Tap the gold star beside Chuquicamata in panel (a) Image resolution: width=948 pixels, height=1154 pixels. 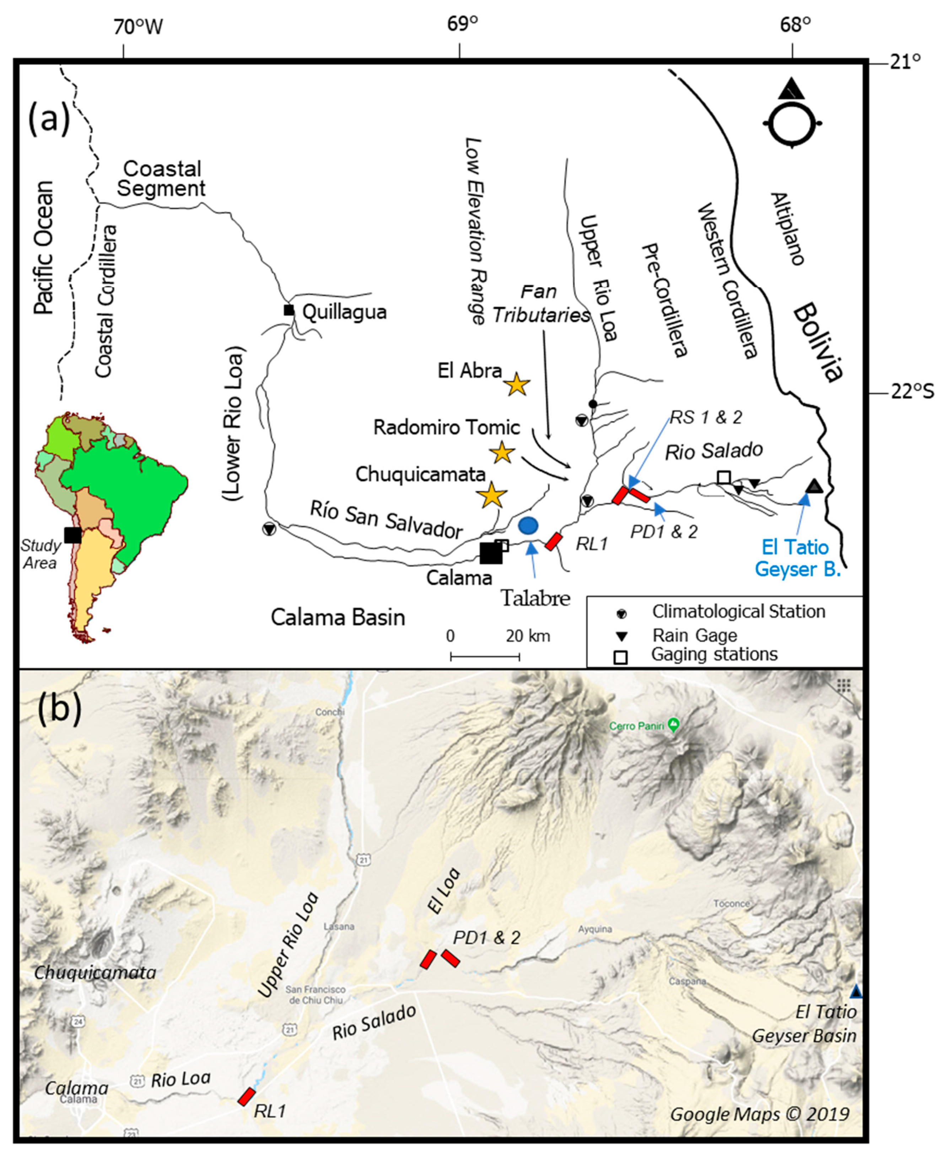point(491,495)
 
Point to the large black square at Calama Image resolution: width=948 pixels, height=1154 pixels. point(490,553)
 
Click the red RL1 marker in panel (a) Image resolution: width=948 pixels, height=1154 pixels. point(554,541)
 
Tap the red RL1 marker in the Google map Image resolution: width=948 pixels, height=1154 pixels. point(246,1096)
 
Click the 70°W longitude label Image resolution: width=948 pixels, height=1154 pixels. point(138,27)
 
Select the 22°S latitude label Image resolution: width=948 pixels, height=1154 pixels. point(912,392)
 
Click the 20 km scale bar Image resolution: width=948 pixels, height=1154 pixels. point(485,656)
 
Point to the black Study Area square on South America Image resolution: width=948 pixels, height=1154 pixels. point(72,535)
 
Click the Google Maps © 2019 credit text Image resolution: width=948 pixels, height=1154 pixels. point(760,1113)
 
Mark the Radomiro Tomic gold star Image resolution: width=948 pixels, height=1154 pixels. point(502,453)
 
